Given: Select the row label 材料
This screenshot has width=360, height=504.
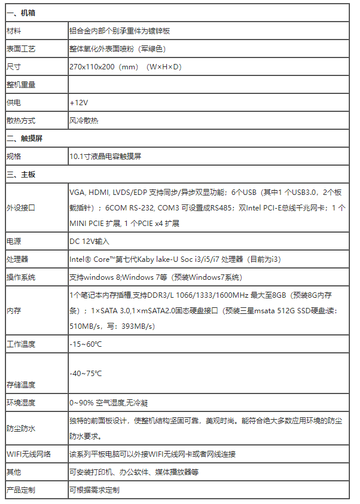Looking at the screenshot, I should tap(14, 30).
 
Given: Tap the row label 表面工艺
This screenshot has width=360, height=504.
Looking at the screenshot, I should tap(21, 48).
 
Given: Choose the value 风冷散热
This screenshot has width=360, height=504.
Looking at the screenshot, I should tap(84, 120).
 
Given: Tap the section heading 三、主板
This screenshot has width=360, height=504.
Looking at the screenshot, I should tap(21, 175).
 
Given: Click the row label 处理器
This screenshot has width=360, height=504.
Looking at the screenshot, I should tap(17, 259).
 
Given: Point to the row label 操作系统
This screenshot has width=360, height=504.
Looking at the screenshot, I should tap(21, 277).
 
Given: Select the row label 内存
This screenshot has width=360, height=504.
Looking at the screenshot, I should tap(14, 311).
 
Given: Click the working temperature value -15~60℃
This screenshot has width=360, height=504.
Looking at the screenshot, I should tap(86, 344).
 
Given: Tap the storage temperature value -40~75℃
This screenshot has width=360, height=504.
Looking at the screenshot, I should tap(86, 373).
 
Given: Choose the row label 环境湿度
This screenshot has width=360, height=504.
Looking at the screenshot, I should tap(21, 402).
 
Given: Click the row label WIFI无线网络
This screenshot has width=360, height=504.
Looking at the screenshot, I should tap(29, 454).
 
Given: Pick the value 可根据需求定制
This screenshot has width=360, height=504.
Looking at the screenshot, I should tap(94, 490).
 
